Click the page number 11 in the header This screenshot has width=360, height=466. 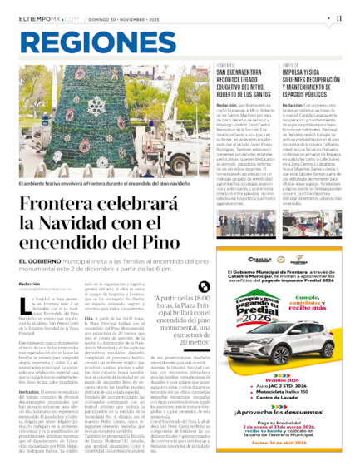340,17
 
